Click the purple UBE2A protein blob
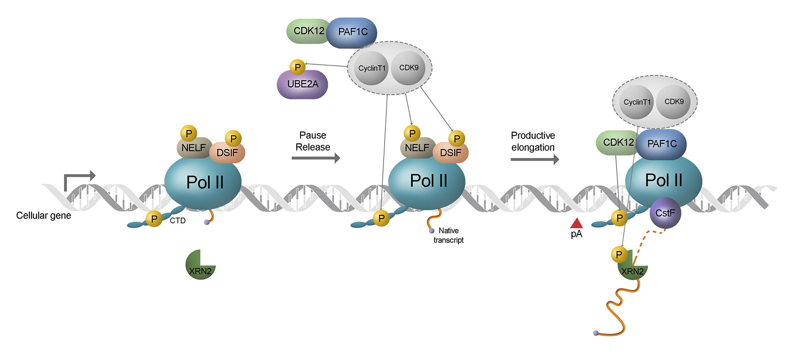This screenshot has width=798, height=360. click(x=302, y=85)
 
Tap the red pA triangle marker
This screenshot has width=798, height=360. click(x=576, y=224)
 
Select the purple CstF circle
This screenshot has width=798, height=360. click(x=665, y=213)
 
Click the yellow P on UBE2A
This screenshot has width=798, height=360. click(x=298, y=67)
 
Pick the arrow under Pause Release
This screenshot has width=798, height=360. click(x=315, y=158)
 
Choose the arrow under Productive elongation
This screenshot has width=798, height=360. click(x=534, y=159)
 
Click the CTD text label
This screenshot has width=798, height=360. click(x=177, y=221)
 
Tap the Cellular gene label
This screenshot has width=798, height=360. click(x=44, y=215)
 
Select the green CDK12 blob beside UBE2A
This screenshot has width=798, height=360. click(x=308, y=31)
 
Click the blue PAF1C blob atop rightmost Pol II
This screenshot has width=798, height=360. click(x=662, y=144)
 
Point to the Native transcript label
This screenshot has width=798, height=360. click(x=448, y=235)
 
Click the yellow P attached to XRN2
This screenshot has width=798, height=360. click(x=619, y=254)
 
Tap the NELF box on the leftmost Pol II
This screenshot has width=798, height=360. click(x=193, y=148)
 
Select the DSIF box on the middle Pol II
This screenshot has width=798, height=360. click(x=451, y=153)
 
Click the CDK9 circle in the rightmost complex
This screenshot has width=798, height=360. click(x=674, y=102)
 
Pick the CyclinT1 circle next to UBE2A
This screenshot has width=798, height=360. click(x=372, y=68)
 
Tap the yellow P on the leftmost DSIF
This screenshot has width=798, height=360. click(x=233, y=138)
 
